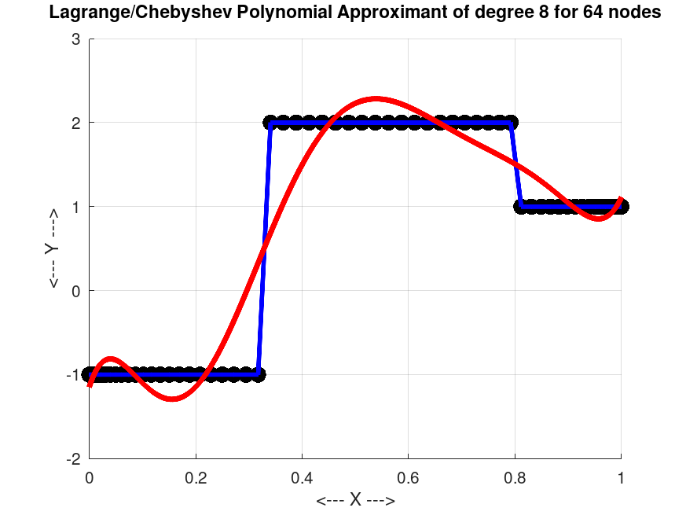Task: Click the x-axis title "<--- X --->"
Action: [355, 500]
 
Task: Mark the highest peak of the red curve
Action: [376, 99]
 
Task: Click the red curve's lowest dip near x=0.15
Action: [171, 399]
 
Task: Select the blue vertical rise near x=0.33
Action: [265, 248]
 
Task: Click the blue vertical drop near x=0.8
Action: [516, 165]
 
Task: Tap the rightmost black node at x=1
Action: [621, 207]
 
